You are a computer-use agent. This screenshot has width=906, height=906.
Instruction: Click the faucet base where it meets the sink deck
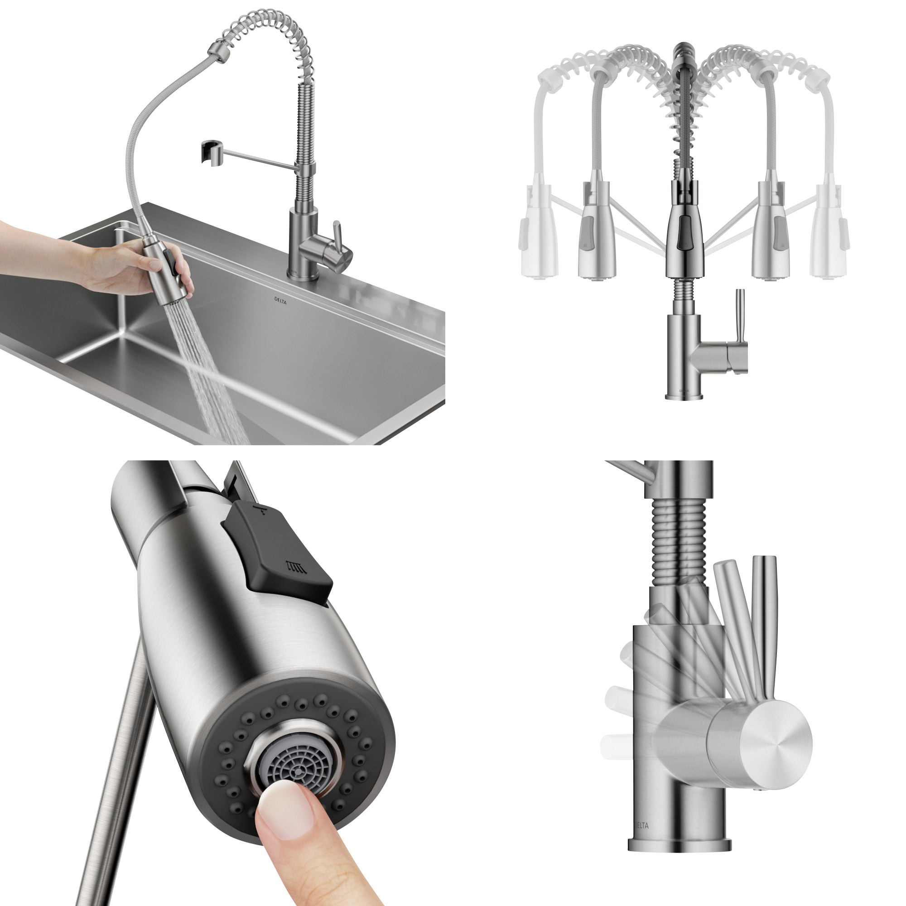[303, 277]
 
